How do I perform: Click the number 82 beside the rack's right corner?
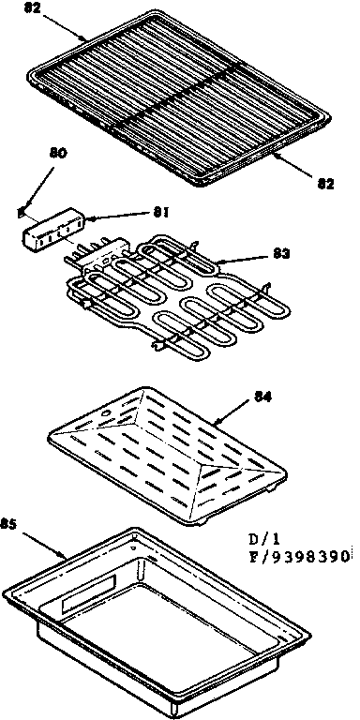[324, 184]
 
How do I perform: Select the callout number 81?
[160, 213]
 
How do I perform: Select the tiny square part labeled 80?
[22, 211]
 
